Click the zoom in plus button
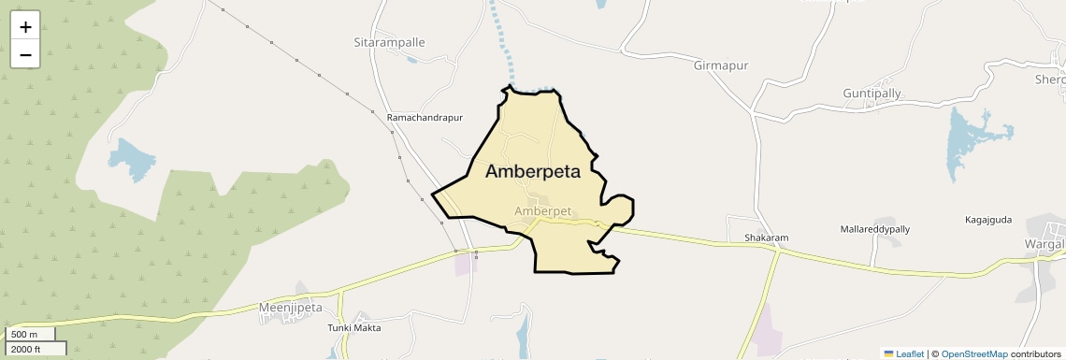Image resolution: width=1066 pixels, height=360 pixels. (25, 27)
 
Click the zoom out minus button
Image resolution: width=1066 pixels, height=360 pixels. (25, 54)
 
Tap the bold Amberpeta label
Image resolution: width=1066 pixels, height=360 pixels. (533, 172)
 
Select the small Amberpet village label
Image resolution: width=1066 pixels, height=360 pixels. (542, 211)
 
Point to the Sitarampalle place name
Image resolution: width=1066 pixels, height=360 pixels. (389, 43)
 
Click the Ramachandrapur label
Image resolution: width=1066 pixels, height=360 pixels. (425, 118)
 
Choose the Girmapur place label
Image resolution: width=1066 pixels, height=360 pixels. (722, 65)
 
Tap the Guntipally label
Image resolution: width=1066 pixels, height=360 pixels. (872, 94)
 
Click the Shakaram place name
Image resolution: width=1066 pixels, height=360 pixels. (766, 238)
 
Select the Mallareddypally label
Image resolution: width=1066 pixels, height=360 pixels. (874, 229)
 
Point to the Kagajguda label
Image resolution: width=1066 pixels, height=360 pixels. (988, 220)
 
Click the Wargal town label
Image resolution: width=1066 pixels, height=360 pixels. (1044, 245)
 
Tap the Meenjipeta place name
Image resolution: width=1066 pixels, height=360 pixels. (290, 307)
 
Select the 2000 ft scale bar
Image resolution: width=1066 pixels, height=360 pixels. (34, 350)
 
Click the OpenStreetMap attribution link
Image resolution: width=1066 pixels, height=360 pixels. (974, 354)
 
